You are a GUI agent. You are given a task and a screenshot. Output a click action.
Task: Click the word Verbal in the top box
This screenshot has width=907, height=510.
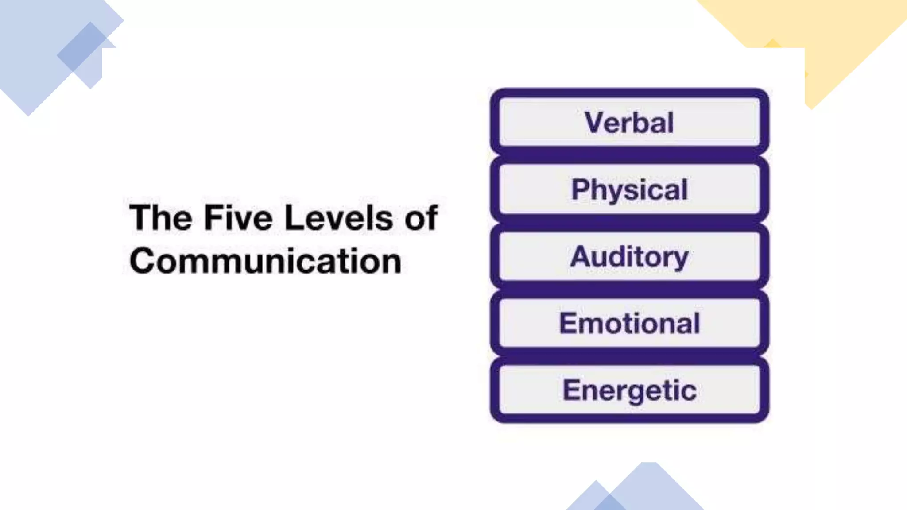click(629, 123)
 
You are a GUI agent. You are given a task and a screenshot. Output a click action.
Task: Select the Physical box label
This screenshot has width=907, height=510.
click(629, 190)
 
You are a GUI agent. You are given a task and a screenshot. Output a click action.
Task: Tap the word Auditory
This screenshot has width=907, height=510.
click(629, 257)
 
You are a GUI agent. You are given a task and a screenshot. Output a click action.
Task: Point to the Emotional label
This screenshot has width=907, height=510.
click(629, 324)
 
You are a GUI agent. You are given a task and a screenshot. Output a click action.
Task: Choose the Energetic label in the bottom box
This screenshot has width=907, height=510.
click(629, 390)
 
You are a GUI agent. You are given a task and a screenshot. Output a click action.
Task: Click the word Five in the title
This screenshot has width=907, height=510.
click(238, 218)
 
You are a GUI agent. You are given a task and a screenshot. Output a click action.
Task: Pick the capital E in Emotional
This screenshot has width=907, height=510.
click(568, 323)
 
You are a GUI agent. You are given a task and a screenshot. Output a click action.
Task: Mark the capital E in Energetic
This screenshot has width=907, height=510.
click(571, 390)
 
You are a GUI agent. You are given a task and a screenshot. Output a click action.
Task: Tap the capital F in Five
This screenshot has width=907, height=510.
click(213, 218)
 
